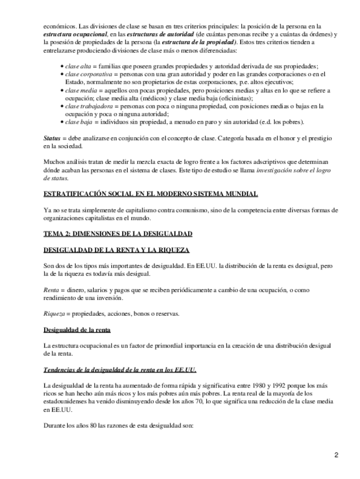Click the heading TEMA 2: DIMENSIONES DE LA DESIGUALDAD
point(118,233)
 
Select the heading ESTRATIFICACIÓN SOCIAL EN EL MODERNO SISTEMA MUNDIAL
point(150,194)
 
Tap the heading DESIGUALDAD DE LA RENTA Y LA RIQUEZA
point(116,250)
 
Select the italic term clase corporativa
point(87,74)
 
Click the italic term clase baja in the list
point(79,121)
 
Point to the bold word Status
point(52,138)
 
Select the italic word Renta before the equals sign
point(52,289)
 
